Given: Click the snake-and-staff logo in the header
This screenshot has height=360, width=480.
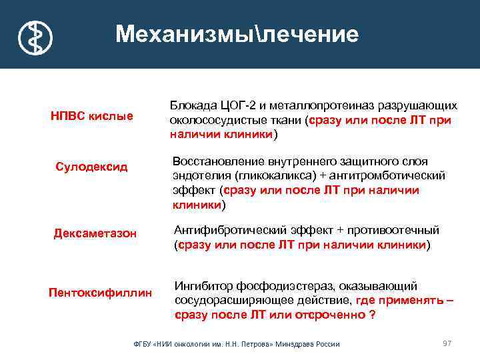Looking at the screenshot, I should tap(35, 36).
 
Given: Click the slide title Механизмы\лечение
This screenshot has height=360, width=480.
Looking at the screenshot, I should tap(237, 35).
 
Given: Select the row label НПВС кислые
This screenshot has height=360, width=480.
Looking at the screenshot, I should tap(92, 116).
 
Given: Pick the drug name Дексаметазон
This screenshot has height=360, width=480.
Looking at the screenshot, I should tap(95, 233).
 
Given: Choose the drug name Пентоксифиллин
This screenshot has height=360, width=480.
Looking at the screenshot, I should tap(101, 292).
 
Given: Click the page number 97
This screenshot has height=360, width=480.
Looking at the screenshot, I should tap(447, 343).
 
